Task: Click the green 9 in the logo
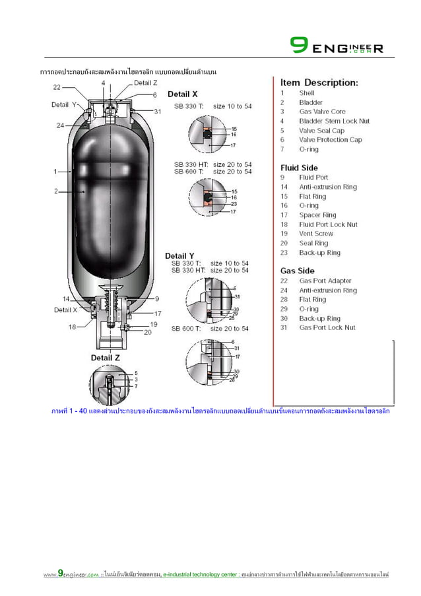tap(298, 46)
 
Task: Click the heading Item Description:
tap(319, 83)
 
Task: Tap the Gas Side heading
tap(298, 271)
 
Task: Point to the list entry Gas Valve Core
tap(322, 112)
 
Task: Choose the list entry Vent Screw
tap(316, 234)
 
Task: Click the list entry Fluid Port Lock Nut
tap(328, 224)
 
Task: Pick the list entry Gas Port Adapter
tap(325, 281)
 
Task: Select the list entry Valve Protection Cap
tap(330, 140)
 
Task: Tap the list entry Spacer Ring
tap(317, 215)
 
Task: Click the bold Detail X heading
tap(183, 94)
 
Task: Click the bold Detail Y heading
tap(179, 255)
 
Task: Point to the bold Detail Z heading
tap(106, 358)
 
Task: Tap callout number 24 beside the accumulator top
tap(60, 125)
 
